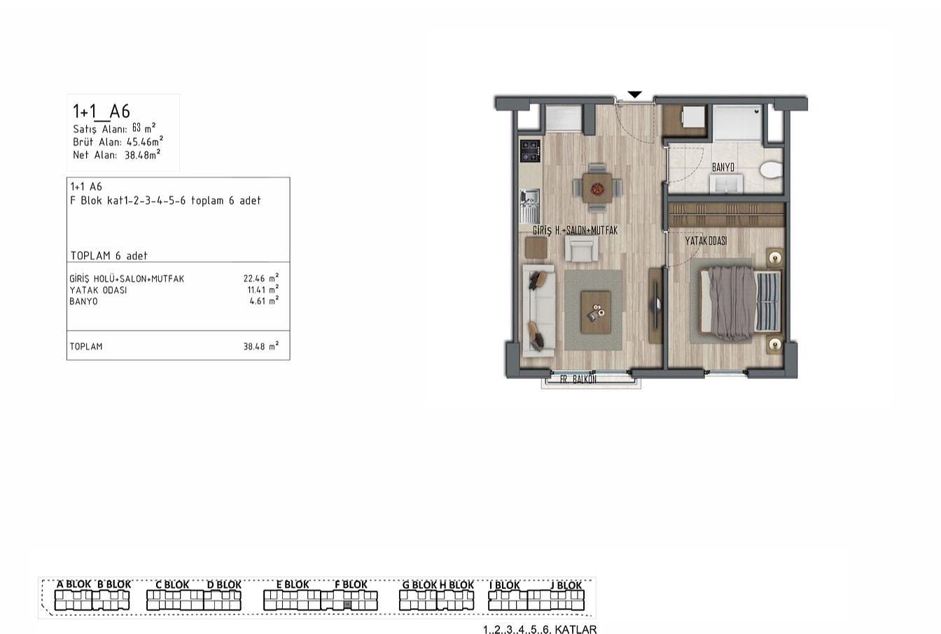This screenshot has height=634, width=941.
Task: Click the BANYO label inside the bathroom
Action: click(723, 167)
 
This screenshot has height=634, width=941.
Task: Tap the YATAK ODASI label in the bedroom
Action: click(706, 241)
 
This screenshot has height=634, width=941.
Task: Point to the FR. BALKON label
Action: click(578, 379)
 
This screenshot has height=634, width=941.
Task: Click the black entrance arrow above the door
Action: click(635, 95)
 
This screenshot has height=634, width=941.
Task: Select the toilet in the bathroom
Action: click(772, 170)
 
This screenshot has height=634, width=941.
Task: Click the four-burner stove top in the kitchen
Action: click(530, 151)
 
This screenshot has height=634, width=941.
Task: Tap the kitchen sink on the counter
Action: click(530, 206)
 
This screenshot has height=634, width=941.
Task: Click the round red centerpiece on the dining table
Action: click(597, 188)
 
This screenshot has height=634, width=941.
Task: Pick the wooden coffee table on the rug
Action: click(596, 312)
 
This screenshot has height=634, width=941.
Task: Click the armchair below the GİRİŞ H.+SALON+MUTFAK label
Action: click(581, 249)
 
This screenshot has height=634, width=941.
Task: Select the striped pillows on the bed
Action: click(768, 301)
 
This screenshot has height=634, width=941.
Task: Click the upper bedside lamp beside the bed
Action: click(775, 257)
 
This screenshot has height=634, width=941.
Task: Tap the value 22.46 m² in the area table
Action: click(261, 278)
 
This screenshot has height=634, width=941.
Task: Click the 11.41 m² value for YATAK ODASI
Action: click(263, 289)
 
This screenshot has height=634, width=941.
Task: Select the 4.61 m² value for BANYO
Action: click(264, 301)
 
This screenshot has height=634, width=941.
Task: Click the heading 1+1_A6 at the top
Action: click(102, 112)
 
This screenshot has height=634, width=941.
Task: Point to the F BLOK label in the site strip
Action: click(351, 584)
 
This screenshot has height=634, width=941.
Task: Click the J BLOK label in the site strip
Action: click(566, 585)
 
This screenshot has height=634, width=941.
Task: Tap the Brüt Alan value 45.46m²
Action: click(145, 142)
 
